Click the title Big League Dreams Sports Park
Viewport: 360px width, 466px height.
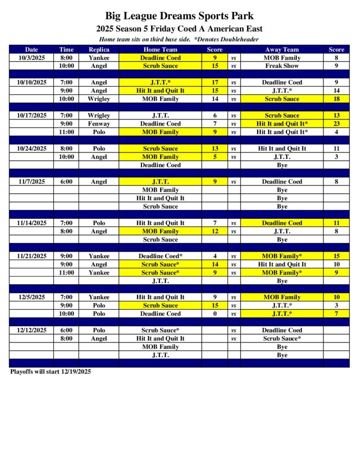pyautogui.click(x=179, y=16)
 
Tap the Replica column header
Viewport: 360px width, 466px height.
pyautogui.click(x=99, y=50)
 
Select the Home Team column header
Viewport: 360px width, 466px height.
pyautogui.click(x=160, y=50)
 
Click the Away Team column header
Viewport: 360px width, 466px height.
pyautogui.click(x=282, y=50)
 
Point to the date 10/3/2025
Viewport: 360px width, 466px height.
pyautogui.click(x=32, y=58)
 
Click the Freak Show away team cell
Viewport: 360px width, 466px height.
pyautogui.click(x=282, y=66)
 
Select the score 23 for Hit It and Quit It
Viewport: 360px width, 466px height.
pyautogui.click(x=337, y=124)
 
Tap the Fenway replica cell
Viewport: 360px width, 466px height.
pyautogui.click(x=99, y=124)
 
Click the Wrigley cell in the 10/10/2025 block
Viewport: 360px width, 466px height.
pyautogui.click(x=99, y=99)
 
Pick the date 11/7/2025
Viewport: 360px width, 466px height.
pyautogui.click(x=32, y=182)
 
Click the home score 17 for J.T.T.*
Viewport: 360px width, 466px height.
pyautogui.click(x=215, y=82)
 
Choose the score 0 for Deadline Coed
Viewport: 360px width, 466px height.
pyautogui.click(x=215, y=314)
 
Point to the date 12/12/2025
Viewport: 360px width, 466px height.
pyautogui.click(x=32, y=330)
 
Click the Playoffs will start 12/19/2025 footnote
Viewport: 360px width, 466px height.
pyautogui.click(x=51, y=371)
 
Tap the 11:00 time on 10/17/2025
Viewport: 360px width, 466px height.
pyautogui.click(x=66, y=132)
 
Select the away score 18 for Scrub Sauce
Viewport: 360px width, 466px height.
pyautogui.click(x=337, y=99)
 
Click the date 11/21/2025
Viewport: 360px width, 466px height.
pyautogui.click(x=32, y=256)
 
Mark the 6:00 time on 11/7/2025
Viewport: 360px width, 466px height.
pyautogui.click(x=66, y=182)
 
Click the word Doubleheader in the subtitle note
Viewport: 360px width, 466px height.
pyautogui.click(x=240, y=39)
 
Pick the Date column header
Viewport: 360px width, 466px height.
pyautogui.click(x=32, y=50)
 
